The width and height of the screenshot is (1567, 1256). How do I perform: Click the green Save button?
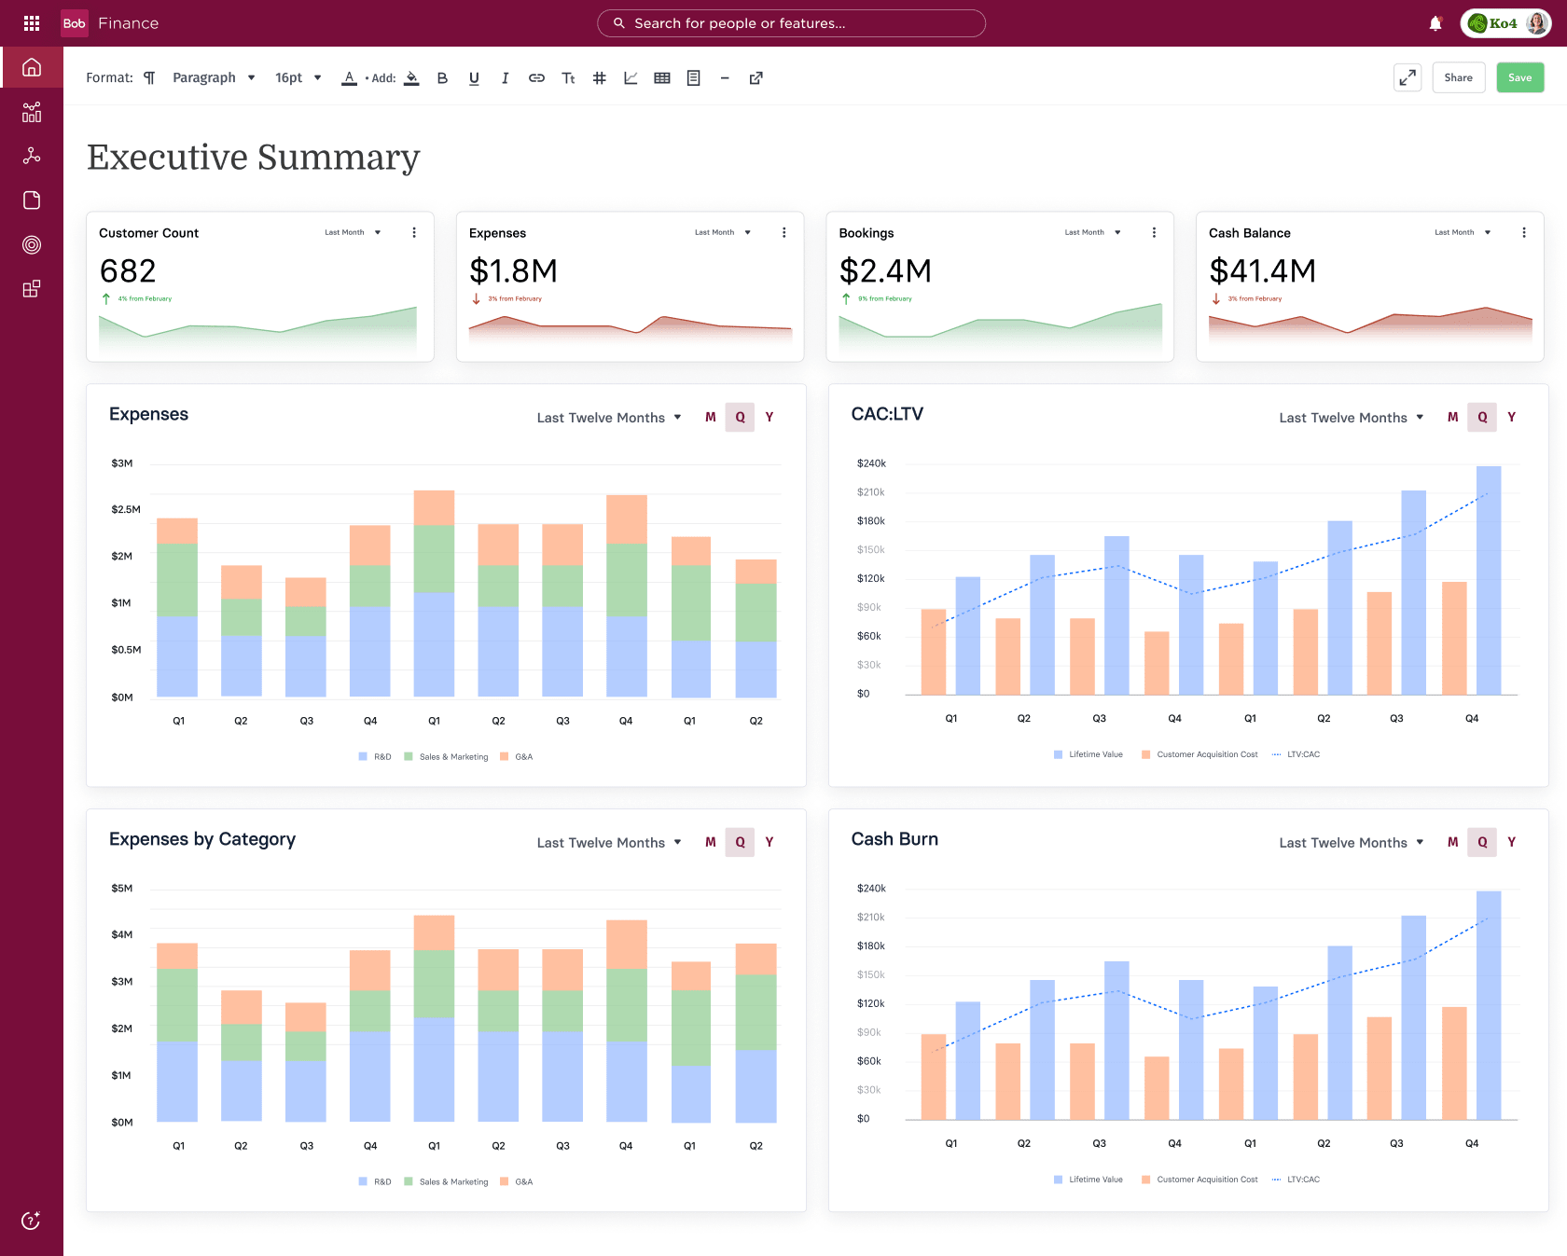(x=1519, y=77)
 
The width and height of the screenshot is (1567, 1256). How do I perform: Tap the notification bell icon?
(x=1435, y=23)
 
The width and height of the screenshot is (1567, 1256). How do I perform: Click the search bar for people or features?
(x=791, y=23)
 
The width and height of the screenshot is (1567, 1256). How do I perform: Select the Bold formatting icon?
(x=442, y=78)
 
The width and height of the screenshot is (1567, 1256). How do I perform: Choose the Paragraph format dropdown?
(x=214, y=77)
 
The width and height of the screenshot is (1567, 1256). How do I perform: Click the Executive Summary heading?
(x=254, y=157)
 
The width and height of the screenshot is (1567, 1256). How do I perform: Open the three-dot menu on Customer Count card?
(x=414, y=232)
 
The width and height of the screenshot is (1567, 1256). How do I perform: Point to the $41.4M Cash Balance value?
(x=1262, y=270)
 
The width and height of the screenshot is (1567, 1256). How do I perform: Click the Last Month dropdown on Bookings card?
(x=1092, y=232)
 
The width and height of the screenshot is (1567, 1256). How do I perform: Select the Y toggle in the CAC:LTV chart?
(x=1511, y=417)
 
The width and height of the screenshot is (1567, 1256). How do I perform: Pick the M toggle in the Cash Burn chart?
(x=1452, y=842)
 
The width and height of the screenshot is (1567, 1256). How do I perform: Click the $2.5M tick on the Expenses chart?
(x=126, y=509)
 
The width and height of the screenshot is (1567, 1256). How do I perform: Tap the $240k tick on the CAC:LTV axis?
(x=871, y=463)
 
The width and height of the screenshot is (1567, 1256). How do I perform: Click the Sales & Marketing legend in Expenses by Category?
(x=453, y=1181)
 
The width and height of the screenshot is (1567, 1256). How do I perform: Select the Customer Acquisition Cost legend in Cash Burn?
(x=1207, y=1180)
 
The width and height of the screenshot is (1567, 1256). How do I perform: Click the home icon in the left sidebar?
(x=32, y=67)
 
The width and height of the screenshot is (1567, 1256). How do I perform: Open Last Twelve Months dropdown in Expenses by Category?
(x=608, y=842)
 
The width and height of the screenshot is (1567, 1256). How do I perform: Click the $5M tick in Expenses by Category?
(x=121, y=888)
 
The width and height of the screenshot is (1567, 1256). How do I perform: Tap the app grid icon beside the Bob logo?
(x=32, y=23)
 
